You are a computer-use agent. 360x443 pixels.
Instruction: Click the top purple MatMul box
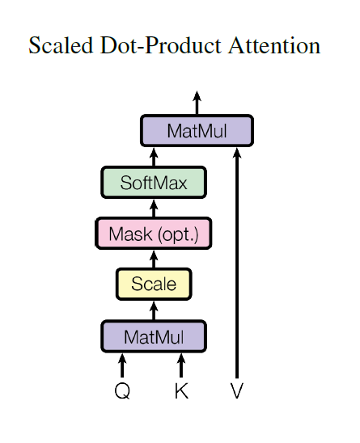coord(197,131)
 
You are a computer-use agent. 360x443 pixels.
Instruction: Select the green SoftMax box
coord(154,183)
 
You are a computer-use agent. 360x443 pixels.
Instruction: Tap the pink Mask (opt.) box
coord(153,234)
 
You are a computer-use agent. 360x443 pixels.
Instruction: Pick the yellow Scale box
coord(154,284)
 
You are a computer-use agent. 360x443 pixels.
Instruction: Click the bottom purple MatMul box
coord(154,335)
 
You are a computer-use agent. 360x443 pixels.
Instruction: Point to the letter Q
coord(122,392)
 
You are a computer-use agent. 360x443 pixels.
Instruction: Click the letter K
coord(181,392)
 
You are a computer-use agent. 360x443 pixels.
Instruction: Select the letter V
coord(237,392)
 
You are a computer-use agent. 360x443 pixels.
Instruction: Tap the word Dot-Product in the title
coord(149,46)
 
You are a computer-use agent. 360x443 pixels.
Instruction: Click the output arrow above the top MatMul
coord(197,102)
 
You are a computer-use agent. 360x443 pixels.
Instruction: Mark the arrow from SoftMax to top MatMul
coord(154,157)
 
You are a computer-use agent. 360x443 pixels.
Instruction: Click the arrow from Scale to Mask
coord(154,259)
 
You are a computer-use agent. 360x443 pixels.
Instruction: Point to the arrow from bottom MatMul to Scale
coord(154,310)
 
